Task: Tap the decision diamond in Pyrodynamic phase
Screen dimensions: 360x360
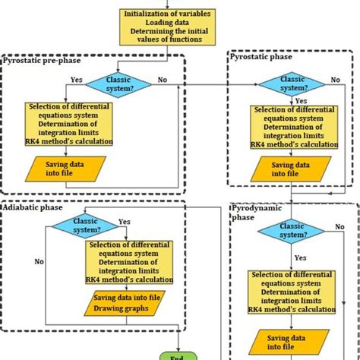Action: coord(292,230)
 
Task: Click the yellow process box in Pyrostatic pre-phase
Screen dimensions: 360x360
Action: coord(69,124)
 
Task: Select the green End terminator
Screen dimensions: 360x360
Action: coord(178,354)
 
